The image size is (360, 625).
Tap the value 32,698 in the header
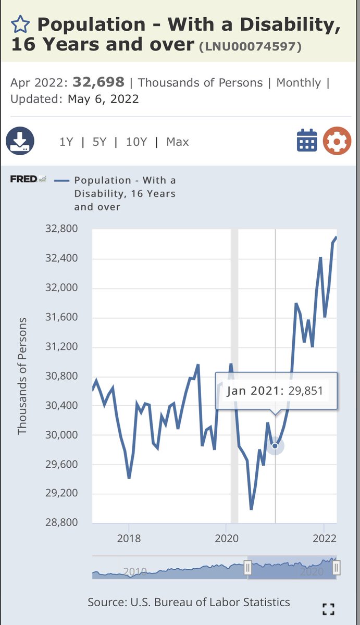(x=98, y=82)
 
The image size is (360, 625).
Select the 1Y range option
(x=66, y=142)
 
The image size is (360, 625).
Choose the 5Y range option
(x=99, y=142)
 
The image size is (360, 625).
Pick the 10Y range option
(x=136, y=142)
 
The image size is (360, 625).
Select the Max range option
(x=177, y=142)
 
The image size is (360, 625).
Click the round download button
(x=20, y=141)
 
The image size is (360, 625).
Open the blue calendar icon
(x=307, y=141)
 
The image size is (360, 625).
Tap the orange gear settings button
(x=337, y=141)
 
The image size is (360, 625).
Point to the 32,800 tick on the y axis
(x=62, y=229)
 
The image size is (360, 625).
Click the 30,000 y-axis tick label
(x=62, y=435)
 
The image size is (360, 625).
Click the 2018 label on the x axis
(x=129, y=539)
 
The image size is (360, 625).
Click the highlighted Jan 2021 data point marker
(x=275, y=446)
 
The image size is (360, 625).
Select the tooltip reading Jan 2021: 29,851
(x=276, y=391)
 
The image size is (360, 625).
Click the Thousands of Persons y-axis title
(x=22, y=376)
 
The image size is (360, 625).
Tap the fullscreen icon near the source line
(x=328, y=609)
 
